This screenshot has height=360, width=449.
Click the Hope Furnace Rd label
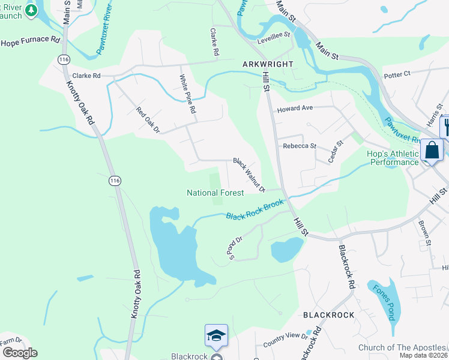tap(31, 42)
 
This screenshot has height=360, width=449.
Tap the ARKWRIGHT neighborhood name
tap(268, 64)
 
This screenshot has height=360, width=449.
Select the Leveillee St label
tap(274, 35)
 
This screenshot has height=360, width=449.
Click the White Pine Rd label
tap(188, 94)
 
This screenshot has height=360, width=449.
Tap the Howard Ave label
tap(295, 109)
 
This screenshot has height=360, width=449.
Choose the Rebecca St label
tap(299, 146)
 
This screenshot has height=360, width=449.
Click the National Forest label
tap(215, 193)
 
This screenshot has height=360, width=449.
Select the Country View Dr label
tap(285, 340)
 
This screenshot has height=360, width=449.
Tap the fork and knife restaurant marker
tap(446, 127)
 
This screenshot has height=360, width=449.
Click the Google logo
tap(19, 353)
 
